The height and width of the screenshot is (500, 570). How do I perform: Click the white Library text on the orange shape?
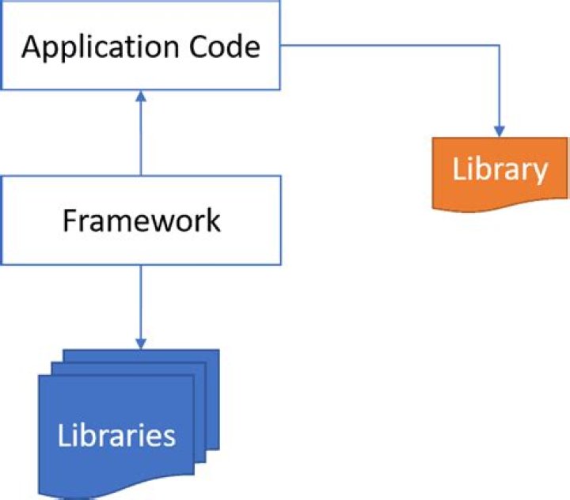point(500,169)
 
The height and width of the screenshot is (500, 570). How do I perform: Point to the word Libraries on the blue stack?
point(116,435)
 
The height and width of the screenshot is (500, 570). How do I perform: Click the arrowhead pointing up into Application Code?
point(141,96)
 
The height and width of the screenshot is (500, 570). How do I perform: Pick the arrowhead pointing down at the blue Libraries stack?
point(141,343)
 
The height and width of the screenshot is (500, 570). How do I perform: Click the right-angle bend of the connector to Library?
point(500,45)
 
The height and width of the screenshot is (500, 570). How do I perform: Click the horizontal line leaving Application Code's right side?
point(388,45)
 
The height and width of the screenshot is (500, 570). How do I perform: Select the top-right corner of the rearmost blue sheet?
point(218,350)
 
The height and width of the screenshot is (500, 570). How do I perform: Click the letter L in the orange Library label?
point(458,169)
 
